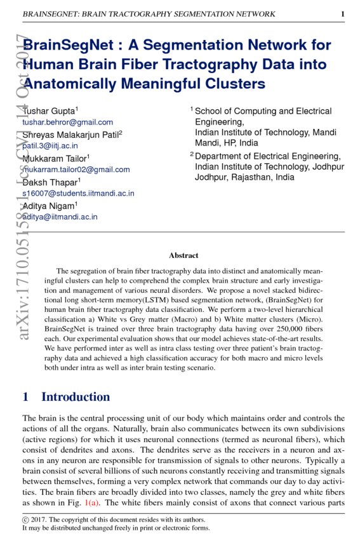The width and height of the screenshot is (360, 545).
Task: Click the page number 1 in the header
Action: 342,14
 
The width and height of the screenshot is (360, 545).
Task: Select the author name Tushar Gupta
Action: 50,111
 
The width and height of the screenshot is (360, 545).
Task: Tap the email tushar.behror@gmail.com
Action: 67,122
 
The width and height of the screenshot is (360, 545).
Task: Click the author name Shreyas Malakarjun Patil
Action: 72,134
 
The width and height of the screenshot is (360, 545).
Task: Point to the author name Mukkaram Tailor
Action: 55,158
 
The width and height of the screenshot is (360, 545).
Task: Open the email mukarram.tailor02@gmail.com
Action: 76,170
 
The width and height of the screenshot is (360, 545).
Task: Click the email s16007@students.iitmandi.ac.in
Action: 78,193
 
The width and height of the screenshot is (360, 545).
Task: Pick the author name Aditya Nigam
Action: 50,206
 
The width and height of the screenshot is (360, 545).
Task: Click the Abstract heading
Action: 183,255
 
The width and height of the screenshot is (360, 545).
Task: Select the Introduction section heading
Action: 76,397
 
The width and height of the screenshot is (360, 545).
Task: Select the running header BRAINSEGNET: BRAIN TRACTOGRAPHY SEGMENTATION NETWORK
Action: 149,14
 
